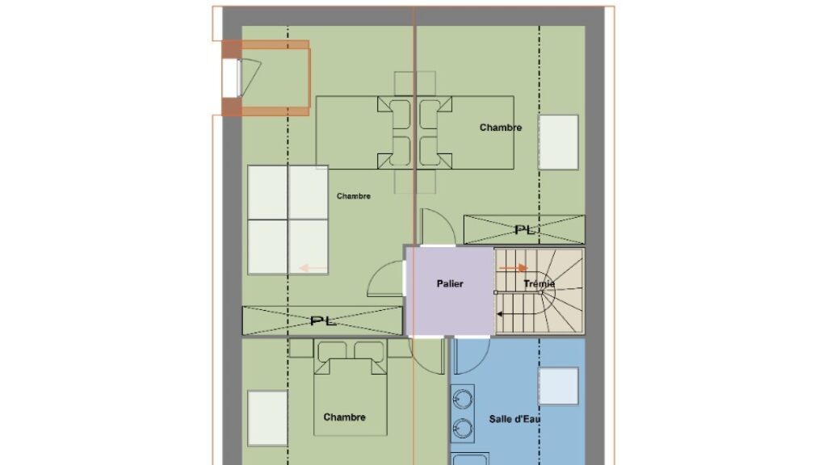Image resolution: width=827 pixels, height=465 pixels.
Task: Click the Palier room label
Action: tap(450, 283)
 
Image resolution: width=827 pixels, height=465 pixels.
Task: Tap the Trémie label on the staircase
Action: tap(539, 283)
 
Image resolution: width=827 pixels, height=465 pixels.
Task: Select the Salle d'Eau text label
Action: tap(514, 419)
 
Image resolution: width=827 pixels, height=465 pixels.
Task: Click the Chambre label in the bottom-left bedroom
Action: tap(344, 417)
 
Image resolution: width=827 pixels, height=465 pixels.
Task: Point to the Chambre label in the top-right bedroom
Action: tap(501, 128)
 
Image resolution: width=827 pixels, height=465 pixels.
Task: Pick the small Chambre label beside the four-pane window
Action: tap(354, 196)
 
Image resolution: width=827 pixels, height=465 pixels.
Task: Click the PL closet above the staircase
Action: tap(524, 229)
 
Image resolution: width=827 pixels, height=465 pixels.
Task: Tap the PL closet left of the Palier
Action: tap(322, 320)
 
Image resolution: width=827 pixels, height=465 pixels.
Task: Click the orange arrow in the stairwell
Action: tap(513, 268)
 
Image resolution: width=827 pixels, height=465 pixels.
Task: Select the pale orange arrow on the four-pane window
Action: tap(313, 268)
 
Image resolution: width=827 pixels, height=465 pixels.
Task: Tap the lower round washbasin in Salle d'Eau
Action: tap(463, 428)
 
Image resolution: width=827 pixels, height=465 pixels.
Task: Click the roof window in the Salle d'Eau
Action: tap(558, 386)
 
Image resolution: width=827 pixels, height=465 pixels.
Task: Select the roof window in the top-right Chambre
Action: tap(558, 142)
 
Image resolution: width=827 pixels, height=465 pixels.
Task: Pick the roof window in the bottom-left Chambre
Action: tap(267, 418)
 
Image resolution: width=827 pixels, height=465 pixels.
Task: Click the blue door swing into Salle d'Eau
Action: tap(472, 356)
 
